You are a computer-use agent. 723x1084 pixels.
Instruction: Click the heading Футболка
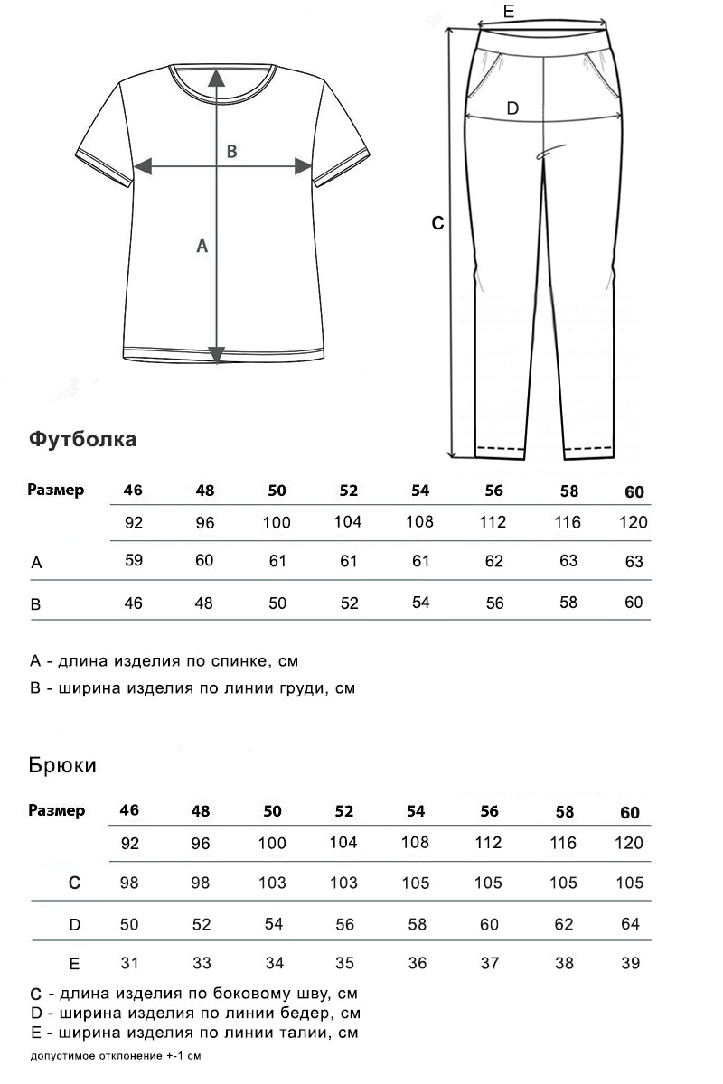point(83,439)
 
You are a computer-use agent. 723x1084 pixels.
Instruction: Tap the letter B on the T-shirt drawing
point(231,152)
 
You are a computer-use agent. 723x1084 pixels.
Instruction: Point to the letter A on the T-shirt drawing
point(202,245)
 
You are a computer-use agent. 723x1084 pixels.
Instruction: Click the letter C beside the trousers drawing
point(437,223)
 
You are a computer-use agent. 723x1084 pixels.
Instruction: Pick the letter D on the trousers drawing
point(512,109)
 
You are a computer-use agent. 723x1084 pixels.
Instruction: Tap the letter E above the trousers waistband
point(508,12)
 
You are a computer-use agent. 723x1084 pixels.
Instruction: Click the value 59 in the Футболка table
point(134,560)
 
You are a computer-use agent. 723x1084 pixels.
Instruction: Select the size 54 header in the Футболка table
point(420,491)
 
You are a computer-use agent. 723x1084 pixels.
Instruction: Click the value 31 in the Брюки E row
point(129,963)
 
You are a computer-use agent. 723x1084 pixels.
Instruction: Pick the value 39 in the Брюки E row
point(631,963)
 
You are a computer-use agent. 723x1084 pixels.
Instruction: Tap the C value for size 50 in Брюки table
point(272,883)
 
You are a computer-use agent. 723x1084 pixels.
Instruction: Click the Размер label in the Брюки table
point(57,810)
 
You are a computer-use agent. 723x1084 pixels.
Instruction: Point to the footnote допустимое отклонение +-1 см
point(115,1055)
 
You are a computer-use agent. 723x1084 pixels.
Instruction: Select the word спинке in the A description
point(239,661)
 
